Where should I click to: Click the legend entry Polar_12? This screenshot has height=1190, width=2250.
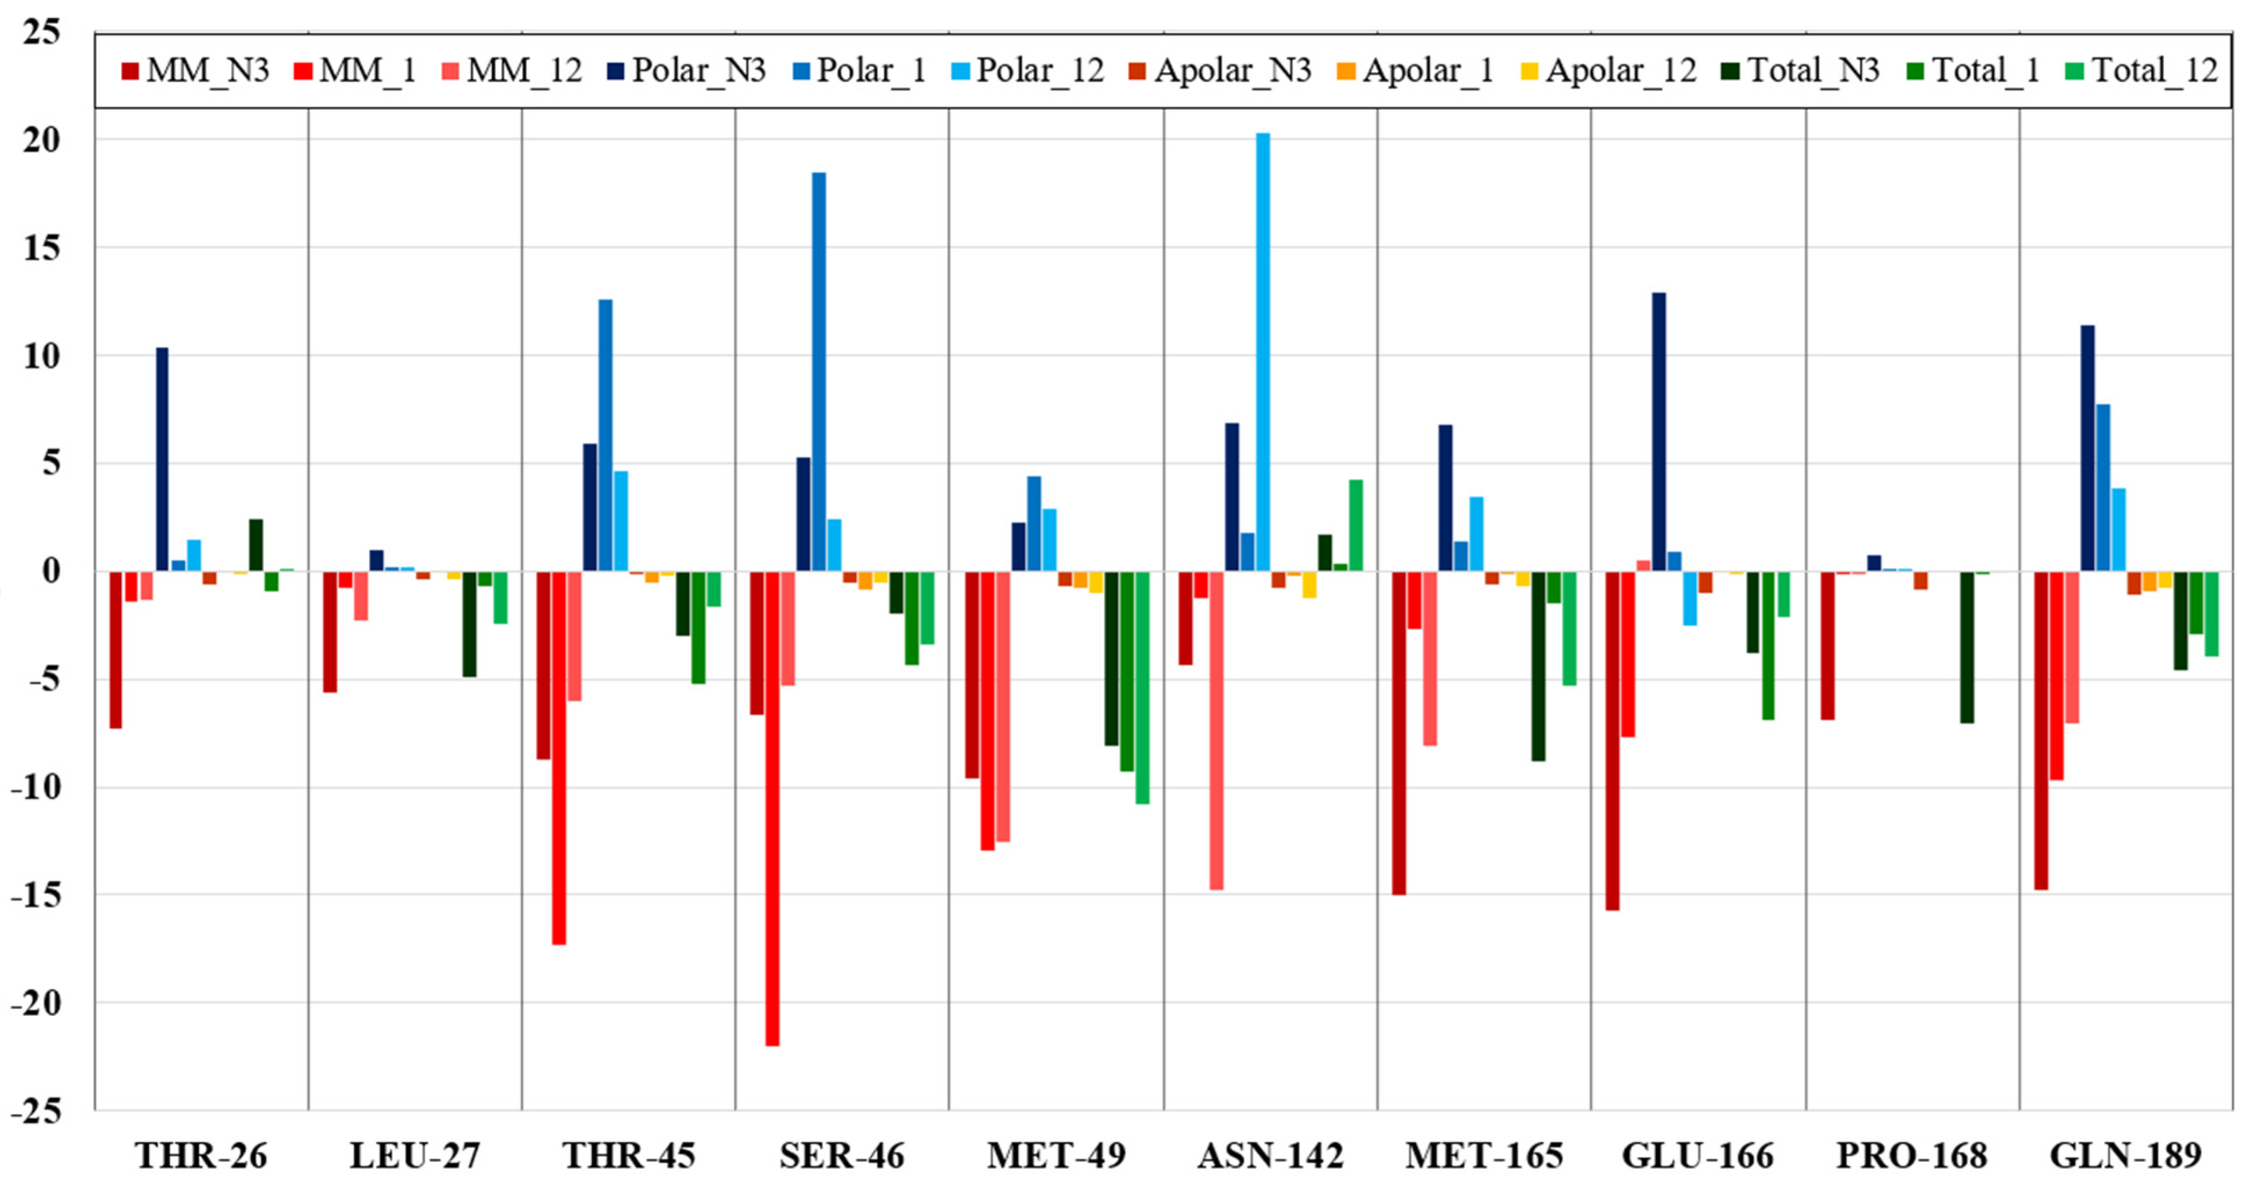point(1040,71)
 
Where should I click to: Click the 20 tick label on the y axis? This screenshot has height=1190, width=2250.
point(42,140)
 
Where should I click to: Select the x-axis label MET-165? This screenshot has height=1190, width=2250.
point(1484,1156)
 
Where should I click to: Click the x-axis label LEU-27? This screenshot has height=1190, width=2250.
point(415,1156)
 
